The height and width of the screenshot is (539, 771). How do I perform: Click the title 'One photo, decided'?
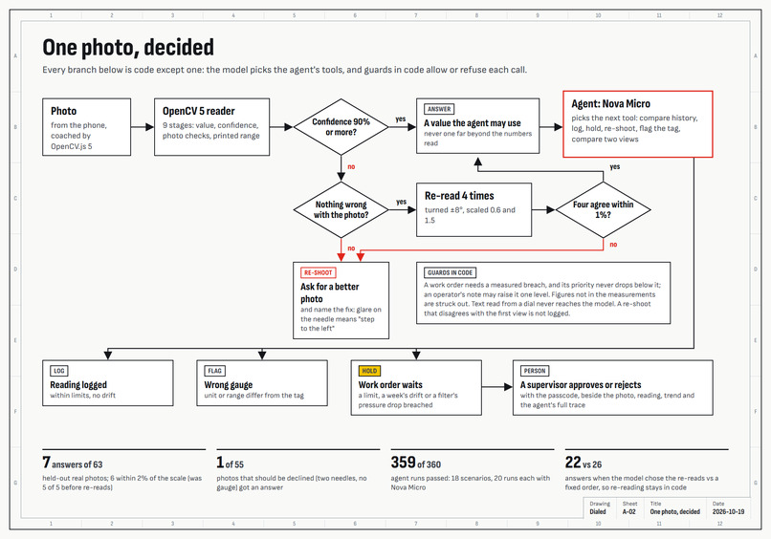pos(128,48)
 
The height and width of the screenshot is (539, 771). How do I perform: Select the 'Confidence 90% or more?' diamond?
pos(341,127)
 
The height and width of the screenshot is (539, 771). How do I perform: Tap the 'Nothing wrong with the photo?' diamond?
pos(341,210)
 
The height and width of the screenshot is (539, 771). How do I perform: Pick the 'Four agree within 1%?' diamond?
pos(603,210)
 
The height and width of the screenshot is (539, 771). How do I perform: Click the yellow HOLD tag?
pos(369,371)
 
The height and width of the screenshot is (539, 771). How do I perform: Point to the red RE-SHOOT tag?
pos(319,272)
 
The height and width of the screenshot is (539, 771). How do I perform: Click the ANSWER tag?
pos(439,109)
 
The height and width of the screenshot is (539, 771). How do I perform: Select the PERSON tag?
pos(535,371)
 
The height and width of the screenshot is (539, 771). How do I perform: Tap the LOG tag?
pos(59,371)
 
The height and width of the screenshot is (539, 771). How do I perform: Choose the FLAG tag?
pos(215,371)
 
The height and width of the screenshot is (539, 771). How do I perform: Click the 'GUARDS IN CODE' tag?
pos(450,272)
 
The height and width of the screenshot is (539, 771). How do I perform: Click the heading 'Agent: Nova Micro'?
pos(610,103)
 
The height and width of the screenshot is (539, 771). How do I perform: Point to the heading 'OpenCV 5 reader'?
pos(199,111)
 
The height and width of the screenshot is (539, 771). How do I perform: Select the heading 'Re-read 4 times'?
pos(459,196)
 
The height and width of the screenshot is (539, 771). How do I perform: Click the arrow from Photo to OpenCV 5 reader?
pos(143,127)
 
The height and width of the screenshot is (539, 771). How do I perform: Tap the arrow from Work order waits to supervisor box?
pos(497,387)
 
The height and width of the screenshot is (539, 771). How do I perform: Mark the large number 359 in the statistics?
pos(404,463)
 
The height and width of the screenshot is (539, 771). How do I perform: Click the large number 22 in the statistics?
pos(573,463)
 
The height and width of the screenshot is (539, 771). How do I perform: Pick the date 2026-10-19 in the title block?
pos(728,511)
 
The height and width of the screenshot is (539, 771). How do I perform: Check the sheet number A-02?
pos(628,511)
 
